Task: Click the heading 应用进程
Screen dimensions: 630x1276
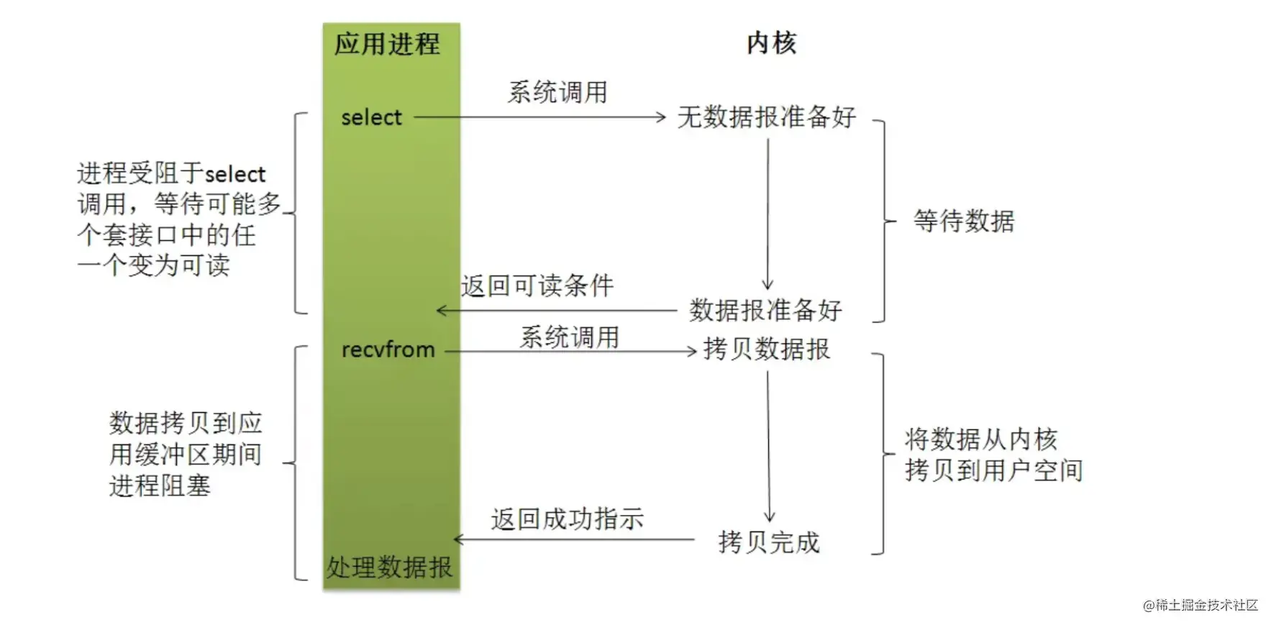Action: click(387, 45)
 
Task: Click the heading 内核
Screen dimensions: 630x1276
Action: click(771, 43)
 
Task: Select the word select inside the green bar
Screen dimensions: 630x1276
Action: click(371, 117)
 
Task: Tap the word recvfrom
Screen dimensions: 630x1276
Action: click(388, 350)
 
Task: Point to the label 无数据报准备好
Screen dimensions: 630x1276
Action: click(767, 117)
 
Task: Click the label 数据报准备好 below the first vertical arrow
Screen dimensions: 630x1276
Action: click(765, 311)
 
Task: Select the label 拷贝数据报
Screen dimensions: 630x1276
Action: click(767, 350)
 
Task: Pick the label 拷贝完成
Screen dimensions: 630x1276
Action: click(769, 542)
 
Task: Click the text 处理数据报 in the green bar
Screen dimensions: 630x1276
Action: click(389, 567)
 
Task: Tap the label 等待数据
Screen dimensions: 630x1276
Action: click(964, 221)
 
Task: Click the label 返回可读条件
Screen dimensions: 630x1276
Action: click(537, 286)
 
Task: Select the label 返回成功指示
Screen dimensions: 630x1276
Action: click(568, 519)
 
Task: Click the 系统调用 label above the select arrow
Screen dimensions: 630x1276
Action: click(557, 93)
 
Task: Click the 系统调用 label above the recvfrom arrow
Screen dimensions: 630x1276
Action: click(570, 337)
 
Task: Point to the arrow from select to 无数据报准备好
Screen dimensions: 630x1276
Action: click(539, 117)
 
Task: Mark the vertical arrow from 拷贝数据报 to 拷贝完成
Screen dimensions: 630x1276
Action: click(768, 446)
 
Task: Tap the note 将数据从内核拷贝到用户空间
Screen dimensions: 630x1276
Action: click(993, 455)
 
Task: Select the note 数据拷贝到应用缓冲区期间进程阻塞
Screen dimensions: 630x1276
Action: click(186, 455)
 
